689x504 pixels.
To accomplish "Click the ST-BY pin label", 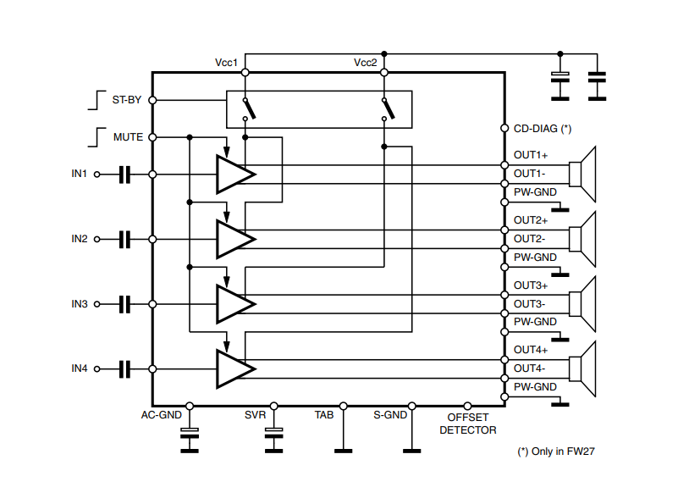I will [x=127, y=99].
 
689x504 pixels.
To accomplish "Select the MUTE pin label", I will [x=128, y=136].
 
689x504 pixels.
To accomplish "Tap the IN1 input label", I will [x=80, y=174].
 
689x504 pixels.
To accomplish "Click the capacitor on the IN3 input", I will [x=125, y=303].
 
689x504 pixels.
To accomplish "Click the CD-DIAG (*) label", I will [x=543, y=129].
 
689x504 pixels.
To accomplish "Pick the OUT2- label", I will [x=530, y=238].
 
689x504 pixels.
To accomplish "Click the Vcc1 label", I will [x=226, y=64].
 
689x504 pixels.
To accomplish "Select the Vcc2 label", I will [x=366, y=64].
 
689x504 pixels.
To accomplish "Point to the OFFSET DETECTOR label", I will [x=467, y=424].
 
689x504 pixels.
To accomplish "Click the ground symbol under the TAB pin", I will [x=343, y=450].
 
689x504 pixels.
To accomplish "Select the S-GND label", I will [x=390, y=415].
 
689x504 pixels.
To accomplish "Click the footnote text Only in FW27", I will [x=556, y=451].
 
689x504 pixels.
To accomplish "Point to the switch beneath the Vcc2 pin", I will [x=388, y=108].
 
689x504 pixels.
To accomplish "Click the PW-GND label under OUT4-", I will [x=535, y=387].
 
